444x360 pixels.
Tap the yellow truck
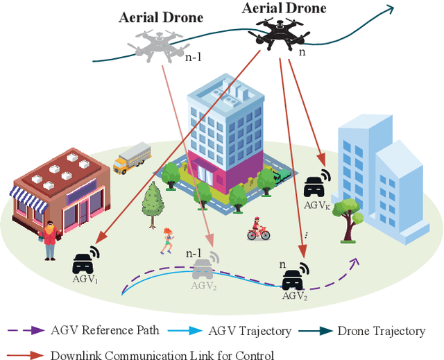point(131,158)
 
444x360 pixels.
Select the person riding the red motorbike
point(258,228)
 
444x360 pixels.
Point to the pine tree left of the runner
point(151,202)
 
